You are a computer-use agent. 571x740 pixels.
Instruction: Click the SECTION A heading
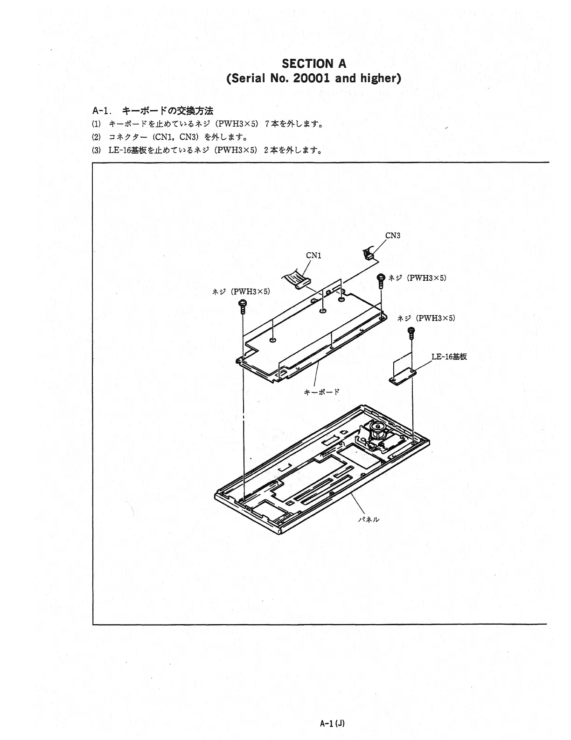(x=314, y=63)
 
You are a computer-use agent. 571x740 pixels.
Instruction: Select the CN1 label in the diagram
(x=313, y=256)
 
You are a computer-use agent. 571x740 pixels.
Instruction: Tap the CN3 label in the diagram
(x=393, y=235)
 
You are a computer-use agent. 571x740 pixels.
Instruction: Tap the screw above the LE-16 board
(x=411, y=333)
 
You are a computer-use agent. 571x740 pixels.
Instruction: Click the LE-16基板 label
(x=449, y=356)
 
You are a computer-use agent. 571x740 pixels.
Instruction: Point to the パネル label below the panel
(x=369, y=519)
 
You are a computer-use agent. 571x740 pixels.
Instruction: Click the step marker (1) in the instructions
(x=96, y=124)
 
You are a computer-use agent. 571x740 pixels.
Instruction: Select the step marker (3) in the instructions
(x=96, y=150)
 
